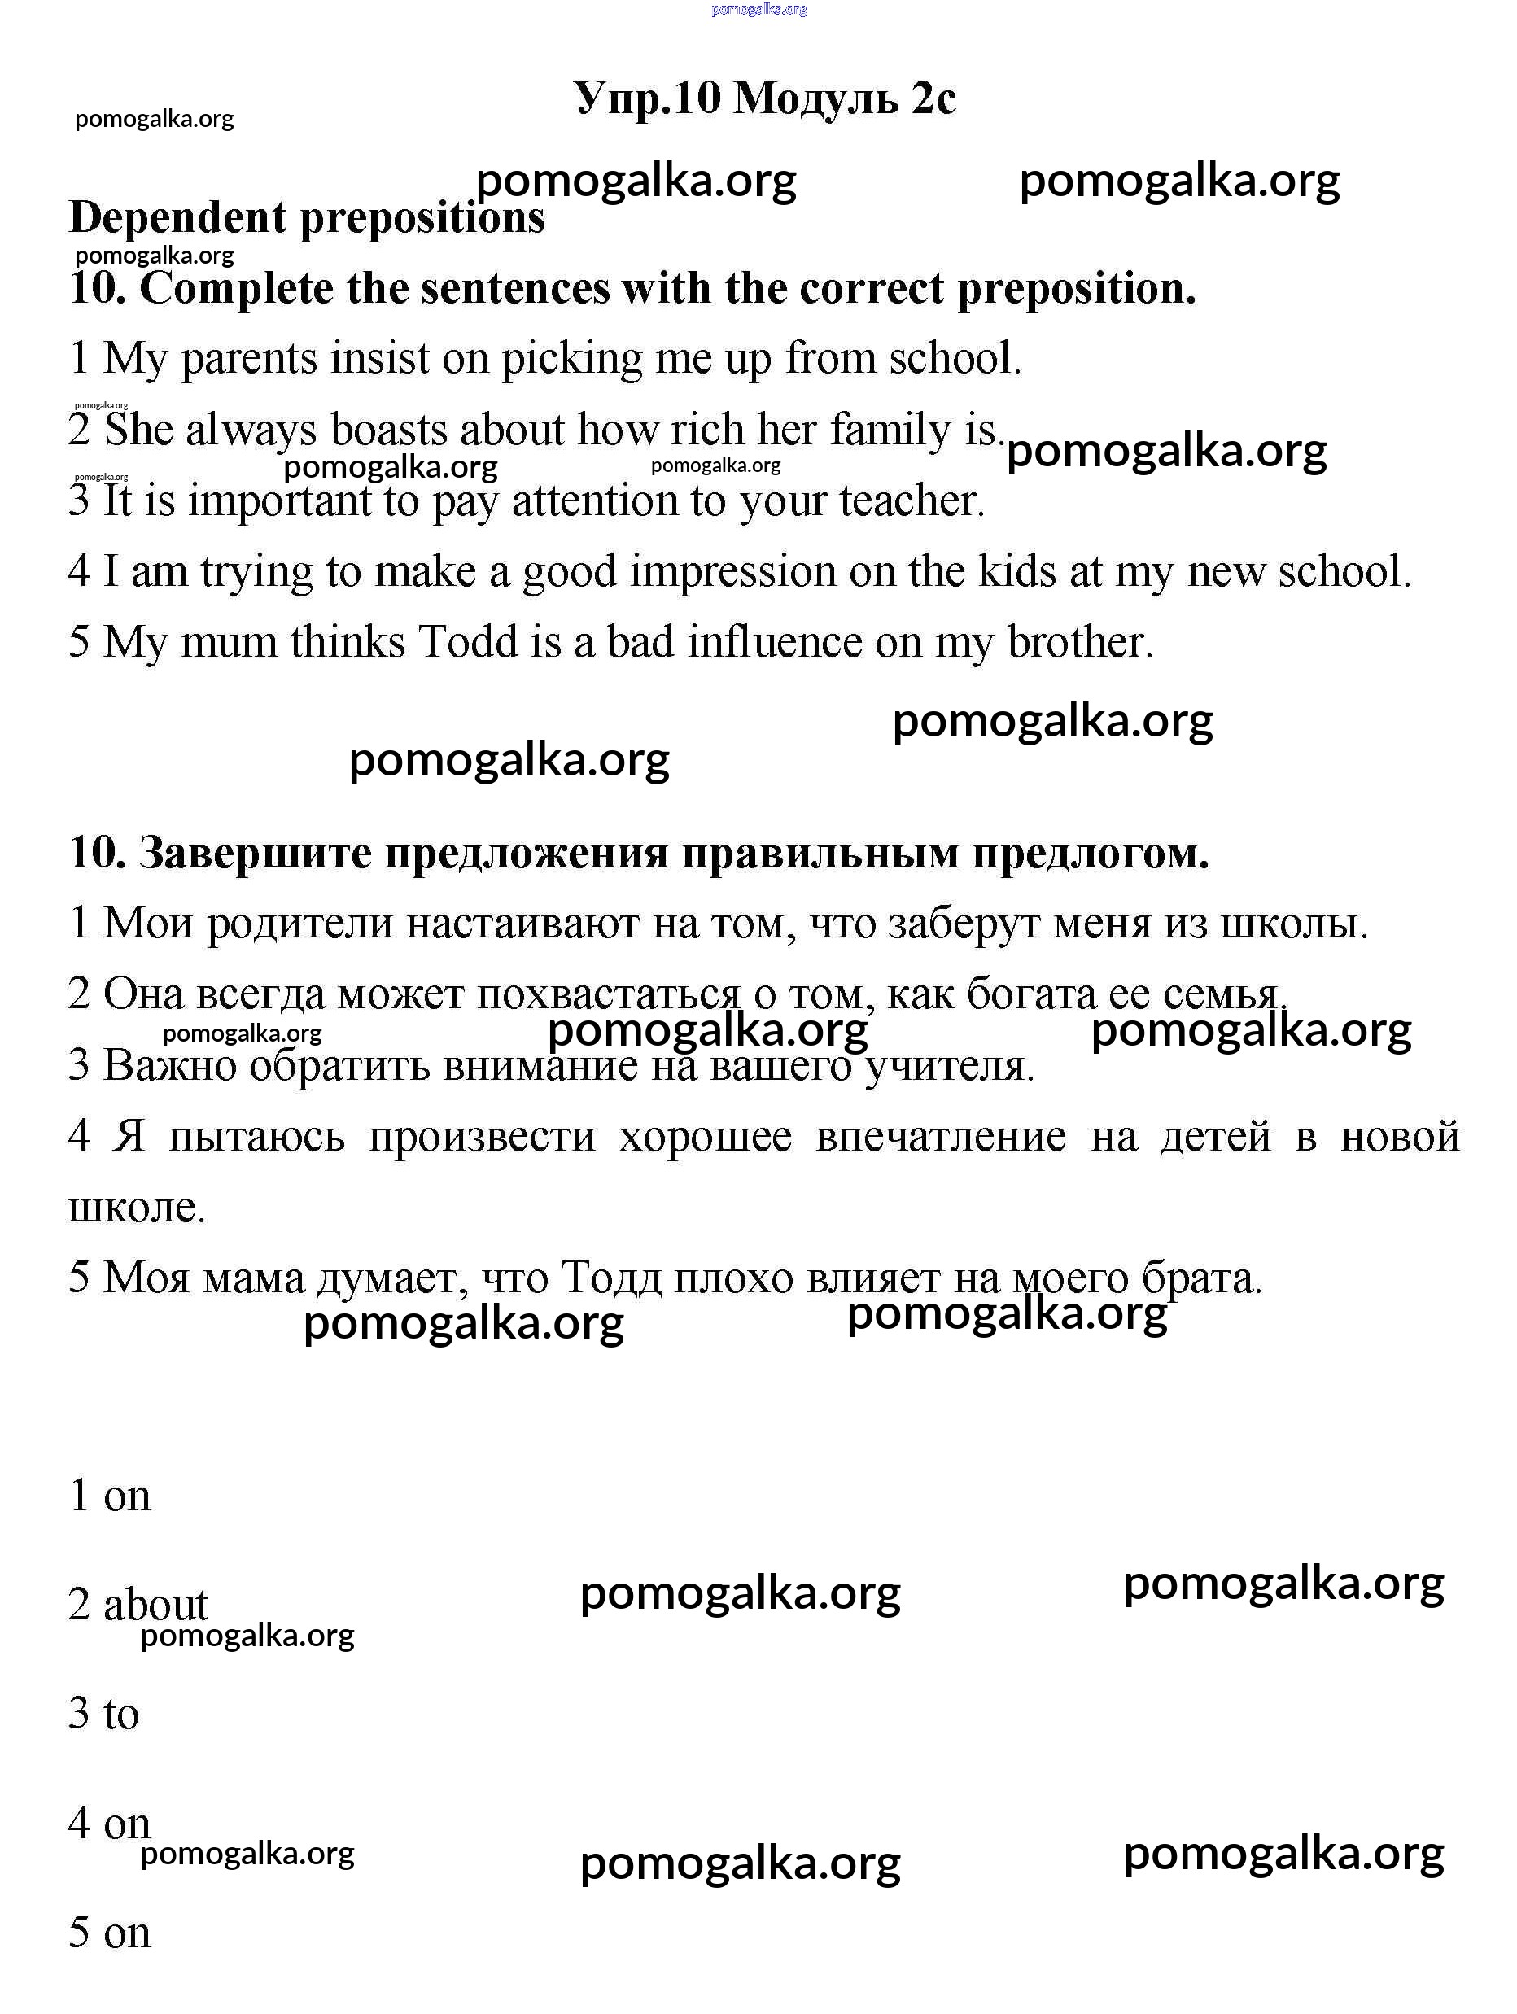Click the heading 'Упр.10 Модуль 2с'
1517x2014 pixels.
click(765, 98)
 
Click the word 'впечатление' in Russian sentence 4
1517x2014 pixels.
click(940, 1136)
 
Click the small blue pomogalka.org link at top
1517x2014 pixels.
click(758, 9)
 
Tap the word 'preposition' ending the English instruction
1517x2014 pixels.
click(1075, 289)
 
